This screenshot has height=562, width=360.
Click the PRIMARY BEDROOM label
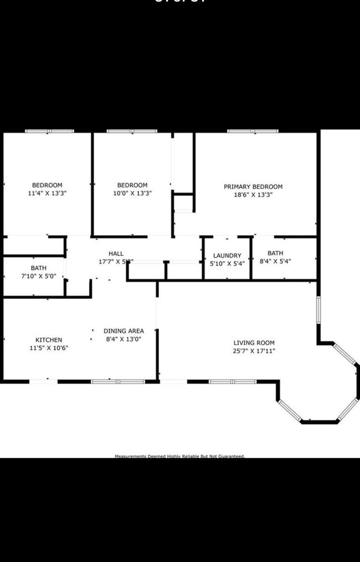click(253, 187)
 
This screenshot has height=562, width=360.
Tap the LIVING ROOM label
click(254, 343)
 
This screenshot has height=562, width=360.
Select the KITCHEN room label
click(49, 340)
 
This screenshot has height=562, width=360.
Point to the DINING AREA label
click(124, 331)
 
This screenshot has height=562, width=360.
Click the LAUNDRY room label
click(227, 256)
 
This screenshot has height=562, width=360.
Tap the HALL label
click(116, 254)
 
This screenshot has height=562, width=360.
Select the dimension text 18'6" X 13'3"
click(253, 195)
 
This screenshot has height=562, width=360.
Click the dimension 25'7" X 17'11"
click(254, 351)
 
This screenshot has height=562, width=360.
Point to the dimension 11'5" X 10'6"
click(49, 348)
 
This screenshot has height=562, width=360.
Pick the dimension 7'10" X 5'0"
click(39, 276)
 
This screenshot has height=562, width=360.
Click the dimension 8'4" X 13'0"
click(125, 339)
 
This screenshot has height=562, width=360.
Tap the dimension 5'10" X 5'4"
click(227, 264)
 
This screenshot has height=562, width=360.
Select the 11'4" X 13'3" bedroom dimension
click(47, 193)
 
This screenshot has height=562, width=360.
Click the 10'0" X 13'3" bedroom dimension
click(132, 193)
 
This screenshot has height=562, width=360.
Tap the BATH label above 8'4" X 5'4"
click(275, 253)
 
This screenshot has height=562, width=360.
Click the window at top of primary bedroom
click(253, 131)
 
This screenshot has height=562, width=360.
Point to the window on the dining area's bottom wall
click(118, 381)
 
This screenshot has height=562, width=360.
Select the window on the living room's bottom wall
click(233, 381)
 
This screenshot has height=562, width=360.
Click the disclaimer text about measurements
click(179, 456)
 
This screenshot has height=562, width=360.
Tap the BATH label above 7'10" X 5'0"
click(39, 268)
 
